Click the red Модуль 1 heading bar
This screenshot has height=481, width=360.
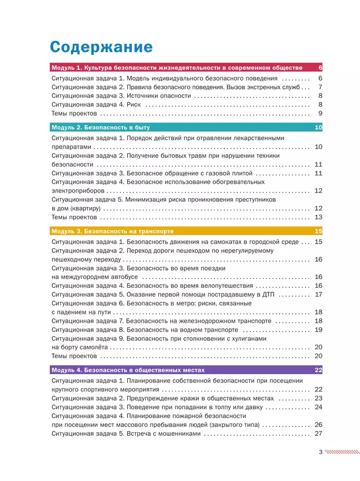[x=186, y=68]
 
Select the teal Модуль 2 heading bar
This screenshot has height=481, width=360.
[x=186, y=127]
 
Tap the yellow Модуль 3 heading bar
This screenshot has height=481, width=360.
[x=186, y=231]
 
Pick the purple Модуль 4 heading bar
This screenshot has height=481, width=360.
[x=186, y=370]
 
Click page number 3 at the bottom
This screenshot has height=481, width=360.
[x=320, y=452]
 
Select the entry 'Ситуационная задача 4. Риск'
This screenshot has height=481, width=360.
[x=95, y=105]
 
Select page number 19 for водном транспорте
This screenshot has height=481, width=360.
[x=318, y=329]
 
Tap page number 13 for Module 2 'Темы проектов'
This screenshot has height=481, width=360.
[x=318, y=217]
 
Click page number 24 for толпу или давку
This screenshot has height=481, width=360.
[x=318, y=407]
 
